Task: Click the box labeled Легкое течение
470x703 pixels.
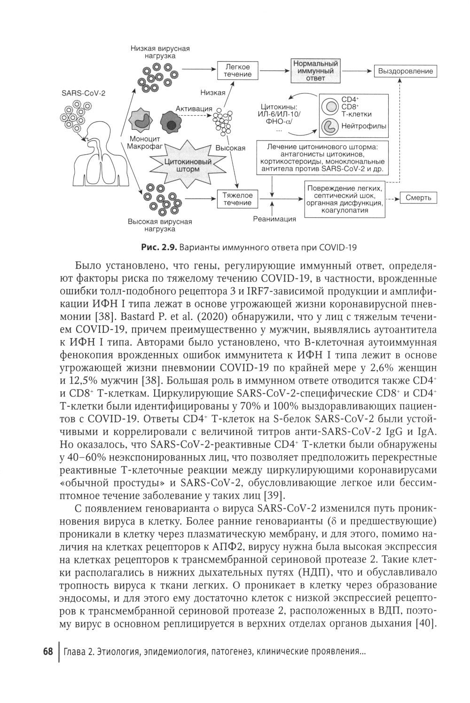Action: click(x=238, y=71)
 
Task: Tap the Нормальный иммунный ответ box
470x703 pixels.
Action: click(x=315, y=71)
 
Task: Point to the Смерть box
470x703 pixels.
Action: click(x=418, y=197)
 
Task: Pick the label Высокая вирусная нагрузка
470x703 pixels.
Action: click(x=160, y=225)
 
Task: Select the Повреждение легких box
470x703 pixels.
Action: click(x=345, y=199)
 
